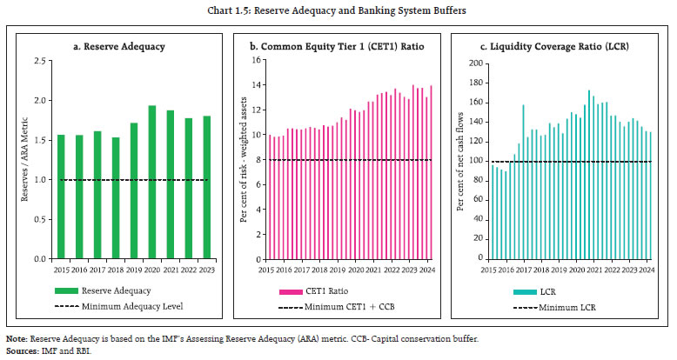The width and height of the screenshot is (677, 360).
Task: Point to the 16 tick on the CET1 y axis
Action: pos(257,61)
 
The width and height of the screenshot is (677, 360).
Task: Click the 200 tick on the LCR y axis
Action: pos(476,63)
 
